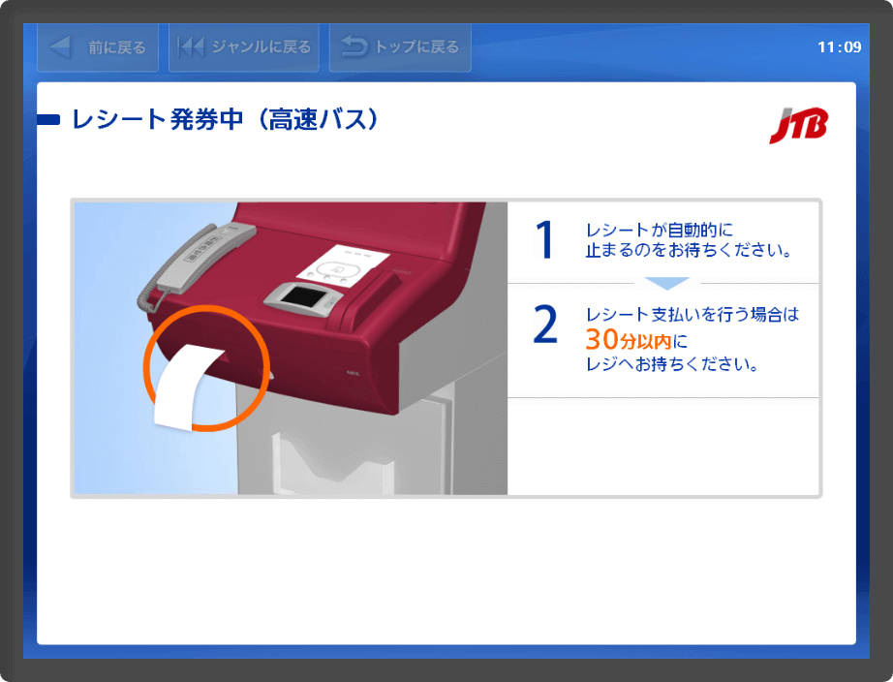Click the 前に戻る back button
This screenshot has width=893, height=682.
click(x=98, y=47)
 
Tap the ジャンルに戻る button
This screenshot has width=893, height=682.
click(x=244, y=47)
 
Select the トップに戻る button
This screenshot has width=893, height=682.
click(x=400, y=47)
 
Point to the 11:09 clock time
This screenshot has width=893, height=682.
click(x=840, y=47)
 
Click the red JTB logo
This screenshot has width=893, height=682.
click(x=798, y=125)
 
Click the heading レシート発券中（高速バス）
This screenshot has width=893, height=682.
click(x=225, y=120)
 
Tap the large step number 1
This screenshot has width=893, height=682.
click(x=544, y=240)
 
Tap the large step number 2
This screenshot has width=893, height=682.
click(x=545, y=324)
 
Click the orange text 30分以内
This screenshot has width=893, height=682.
click(x=629, y=340)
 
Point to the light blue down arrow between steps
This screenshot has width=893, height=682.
click(x=667, y=283)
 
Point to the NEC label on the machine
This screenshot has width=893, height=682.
click(x=354, y=373)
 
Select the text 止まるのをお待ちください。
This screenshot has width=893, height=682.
click(x=689, y=250)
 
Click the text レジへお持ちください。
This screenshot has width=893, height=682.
click(x=672, y=363)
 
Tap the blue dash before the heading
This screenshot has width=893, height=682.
click(x=48, y=120)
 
